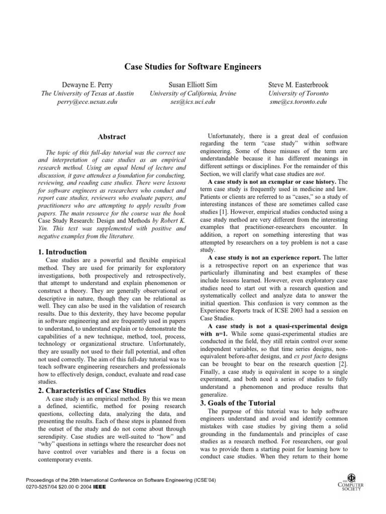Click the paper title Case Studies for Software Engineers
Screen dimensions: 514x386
tap(192, 67)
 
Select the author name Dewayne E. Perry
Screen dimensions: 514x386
tap(84, 84)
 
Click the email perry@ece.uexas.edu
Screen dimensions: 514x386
tap(84, 102)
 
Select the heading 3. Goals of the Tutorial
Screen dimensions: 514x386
tap(239, 403)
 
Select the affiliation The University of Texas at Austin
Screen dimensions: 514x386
tap(84, 93)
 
